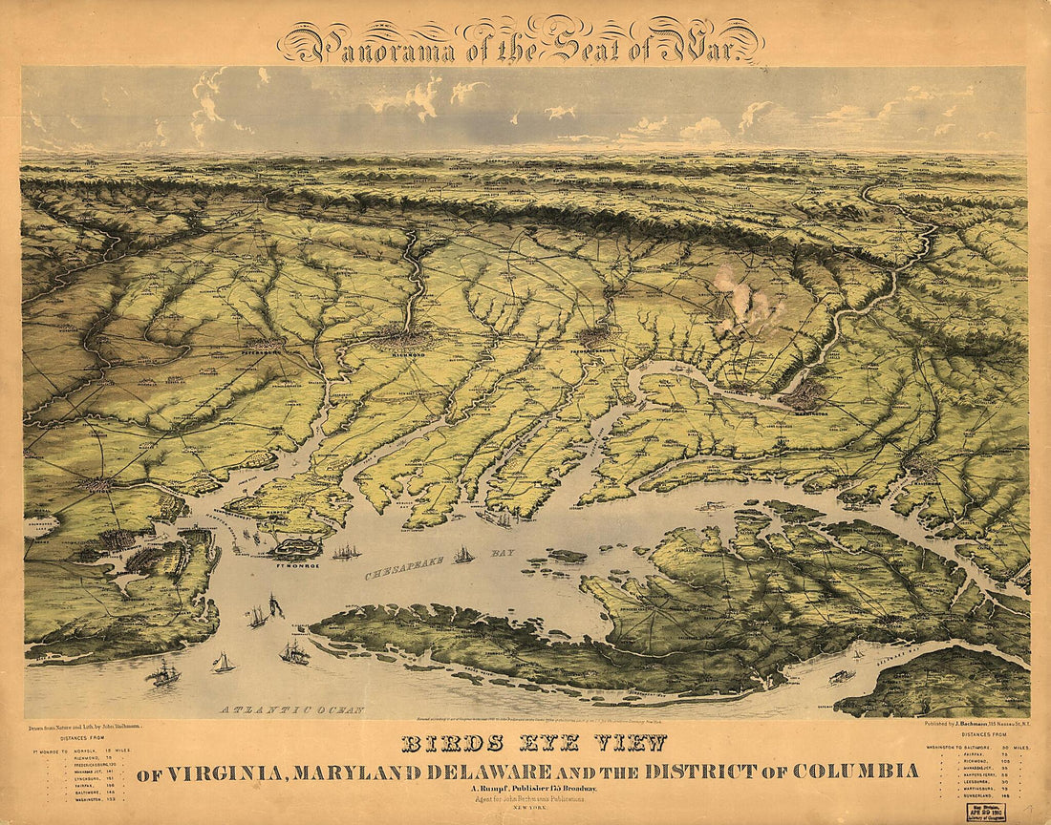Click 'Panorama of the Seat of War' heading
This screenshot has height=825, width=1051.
click(x=521, y=42)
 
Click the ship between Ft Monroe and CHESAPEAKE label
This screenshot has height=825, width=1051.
click(x=346, y=552)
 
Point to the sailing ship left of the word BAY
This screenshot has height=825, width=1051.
click(x=463, y=555)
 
